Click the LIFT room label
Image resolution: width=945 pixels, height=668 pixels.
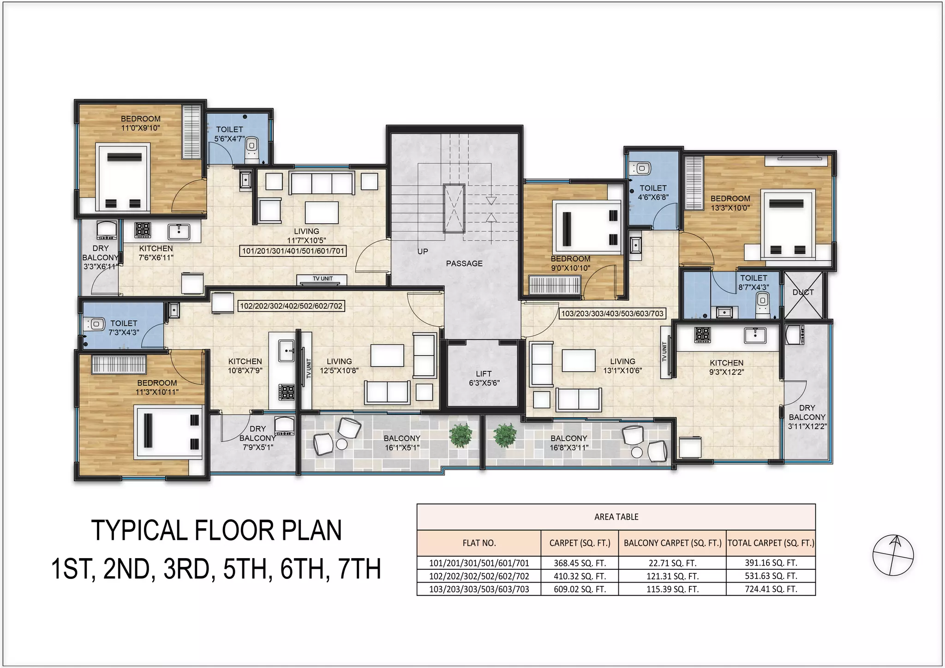pyautogui.click(x=484, y=378)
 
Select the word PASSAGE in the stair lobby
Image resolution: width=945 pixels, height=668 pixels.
pyautogui.click(x=464, y=263)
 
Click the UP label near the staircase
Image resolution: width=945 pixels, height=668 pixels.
pyautogui.click(x=423, y=251)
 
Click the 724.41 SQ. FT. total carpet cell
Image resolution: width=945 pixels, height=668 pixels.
pyautogui.click(x=771, y=589)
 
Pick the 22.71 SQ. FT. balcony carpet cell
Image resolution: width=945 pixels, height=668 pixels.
pyautogui.click(x=672, y=563)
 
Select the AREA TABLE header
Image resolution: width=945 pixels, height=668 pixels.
pyautogui.click(x=616, y=517)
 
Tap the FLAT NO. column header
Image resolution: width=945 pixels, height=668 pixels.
pyautogui.click(x=479, y=543)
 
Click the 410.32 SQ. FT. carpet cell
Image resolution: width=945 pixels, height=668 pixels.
pyautogui.click(x=580, y=576)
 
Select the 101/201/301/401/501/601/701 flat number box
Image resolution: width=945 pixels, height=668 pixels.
pyautogui.click(x=293, y=251)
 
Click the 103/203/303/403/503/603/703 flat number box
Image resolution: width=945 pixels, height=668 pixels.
pyautogui.click(x=612, y=314)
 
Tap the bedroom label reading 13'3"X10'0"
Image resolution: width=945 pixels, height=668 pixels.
pyautogui.click(x=730, y=203)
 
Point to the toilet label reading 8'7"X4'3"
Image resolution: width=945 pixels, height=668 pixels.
pyautogui.click(x=754, y=282)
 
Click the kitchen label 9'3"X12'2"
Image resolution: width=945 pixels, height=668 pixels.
pyautogui.click(x=726, y=368)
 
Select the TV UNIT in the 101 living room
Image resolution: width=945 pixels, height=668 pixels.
pyautogui.click(x=323, y=279)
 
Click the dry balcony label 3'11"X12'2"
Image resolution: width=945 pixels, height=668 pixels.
pyautogui.click(x=807, y=417)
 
